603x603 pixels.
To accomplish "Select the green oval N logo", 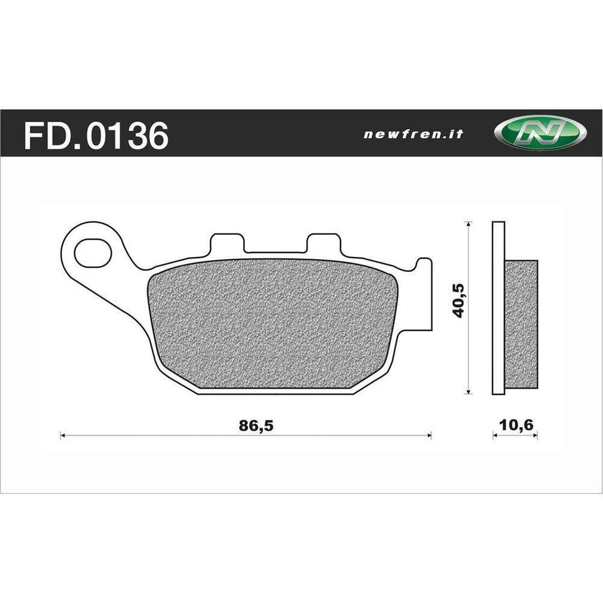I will (540, 133).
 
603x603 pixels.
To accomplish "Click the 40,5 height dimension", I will (459, 300).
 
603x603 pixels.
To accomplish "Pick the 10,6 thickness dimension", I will (515, 425).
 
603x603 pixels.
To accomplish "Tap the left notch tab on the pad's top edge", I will (226, 243).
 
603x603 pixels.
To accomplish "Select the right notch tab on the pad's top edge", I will (323, 243).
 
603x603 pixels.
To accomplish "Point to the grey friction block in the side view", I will (521, 323).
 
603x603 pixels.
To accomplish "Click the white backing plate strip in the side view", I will (498, 308).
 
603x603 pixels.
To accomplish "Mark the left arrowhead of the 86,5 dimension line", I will (62, 435).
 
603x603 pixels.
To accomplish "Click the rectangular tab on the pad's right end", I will (426, 295).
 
